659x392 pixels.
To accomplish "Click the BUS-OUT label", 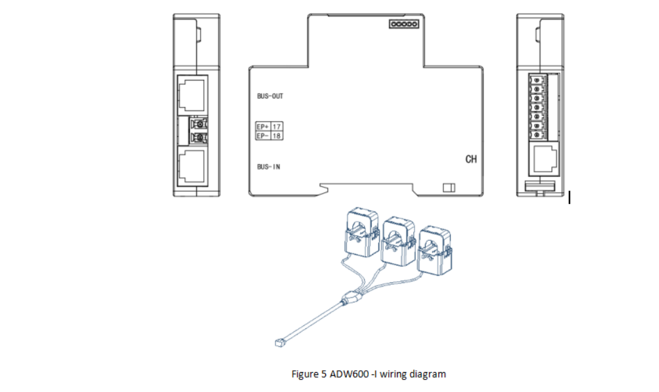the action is coord(270,96).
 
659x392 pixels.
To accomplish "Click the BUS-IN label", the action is coord(269,167).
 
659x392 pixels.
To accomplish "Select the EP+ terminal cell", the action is coord(263,126).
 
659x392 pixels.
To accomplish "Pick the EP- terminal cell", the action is coord(263,135).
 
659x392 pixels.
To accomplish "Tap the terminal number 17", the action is coord(276,126).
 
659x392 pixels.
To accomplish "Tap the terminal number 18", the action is coord(276,135).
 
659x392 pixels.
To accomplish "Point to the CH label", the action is coord(471,159).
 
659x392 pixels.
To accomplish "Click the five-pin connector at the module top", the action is coord(404,24).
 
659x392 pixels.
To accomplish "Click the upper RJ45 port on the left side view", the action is coord(192,96).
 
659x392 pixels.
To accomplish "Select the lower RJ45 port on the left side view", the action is coord(192,165).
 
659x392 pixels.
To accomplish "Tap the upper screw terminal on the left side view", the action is coord(199,124).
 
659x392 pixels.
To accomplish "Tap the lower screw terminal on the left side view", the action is coord(199,138).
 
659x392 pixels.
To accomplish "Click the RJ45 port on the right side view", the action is coord(544,159).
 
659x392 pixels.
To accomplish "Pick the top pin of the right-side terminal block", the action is coord(536,80).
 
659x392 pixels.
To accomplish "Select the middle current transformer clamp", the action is coord(398,241).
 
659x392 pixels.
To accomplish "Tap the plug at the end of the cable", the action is coord(279,343).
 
